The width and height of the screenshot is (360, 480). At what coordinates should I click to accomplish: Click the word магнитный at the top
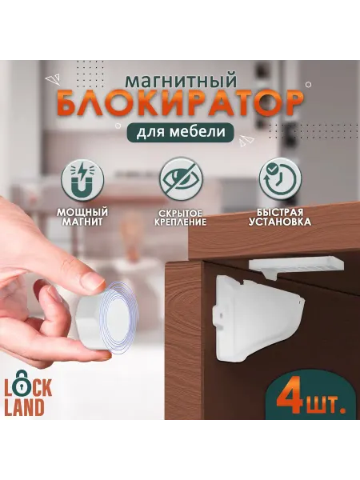click(181, 80)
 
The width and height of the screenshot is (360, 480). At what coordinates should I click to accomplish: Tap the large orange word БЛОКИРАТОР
click(180, 104)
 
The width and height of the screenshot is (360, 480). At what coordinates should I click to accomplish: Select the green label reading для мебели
click(181, 132)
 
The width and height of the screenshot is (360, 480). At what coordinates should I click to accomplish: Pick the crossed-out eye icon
click(182, 178)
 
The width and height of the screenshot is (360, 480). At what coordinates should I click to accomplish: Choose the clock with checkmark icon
click(280, 178)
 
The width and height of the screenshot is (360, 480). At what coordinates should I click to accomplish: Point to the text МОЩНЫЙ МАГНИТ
click(82, 217)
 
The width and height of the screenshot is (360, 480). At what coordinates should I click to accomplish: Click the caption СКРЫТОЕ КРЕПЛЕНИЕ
click(180, 218)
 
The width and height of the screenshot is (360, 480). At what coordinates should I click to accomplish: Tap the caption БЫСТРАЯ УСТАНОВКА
click(280, 217)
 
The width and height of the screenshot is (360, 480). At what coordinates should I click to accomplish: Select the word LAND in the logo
click(24, 408)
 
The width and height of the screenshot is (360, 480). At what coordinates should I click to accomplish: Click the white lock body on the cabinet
click(257, 318)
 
